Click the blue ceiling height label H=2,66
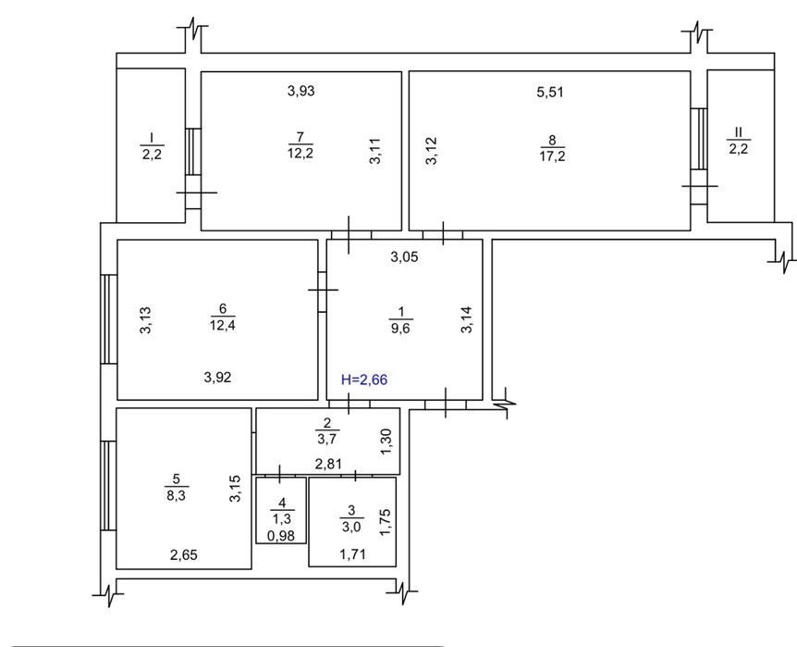[x=364, y=379]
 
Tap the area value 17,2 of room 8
[x=552, y=156]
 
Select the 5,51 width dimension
[x=550, y=93]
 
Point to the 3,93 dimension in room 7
[x=300, y=91]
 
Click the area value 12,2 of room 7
[x=300, y=153]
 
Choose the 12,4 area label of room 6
[x=223, y=325]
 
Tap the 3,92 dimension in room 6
[x=217, y=378]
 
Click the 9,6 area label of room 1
[x=400, y=329]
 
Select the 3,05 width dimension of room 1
[x=405, y=257]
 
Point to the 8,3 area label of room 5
[x=176, y=495]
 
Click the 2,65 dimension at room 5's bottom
[x=183, y=554]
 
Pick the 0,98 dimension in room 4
[x=280, y=536]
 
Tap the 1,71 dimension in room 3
[x=352, y=554]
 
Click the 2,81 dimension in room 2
[x=328, y=464]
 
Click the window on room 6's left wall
[x=109, y=318]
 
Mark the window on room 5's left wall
[x=108, y=485]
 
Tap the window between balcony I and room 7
[x=193, y=151]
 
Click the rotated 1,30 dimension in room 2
[x=386, y=442]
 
